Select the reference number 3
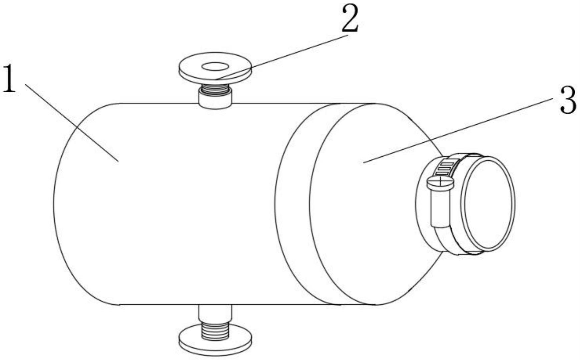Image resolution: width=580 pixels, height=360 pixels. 568,100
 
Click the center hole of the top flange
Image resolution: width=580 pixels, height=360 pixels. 215,67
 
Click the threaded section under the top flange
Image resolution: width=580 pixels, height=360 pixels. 215,89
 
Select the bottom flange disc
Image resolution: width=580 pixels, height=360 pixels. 215,343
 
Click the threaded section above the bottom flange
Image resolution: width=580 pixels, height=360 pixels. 215,330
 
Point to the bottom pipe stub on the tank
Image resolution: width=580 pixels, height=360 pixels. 215,312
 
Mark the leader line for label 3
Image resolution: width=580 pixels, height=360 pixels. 460,130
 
